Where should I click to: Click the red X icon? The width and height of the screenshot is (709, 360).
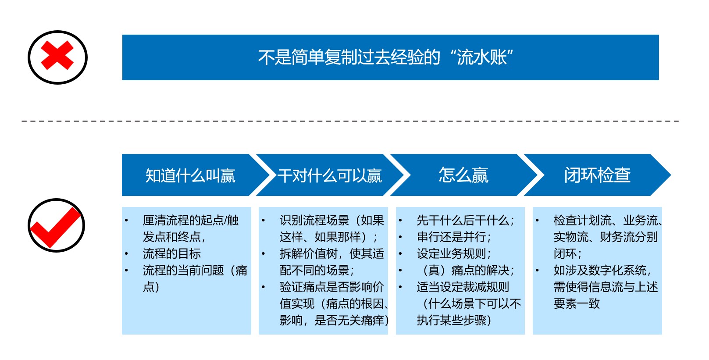[57, 55]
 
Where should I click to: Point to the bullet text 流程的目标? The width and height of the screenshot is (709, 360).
[171, 253]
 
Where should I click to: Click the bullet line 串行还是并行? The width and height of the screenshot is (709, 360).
[453, 237]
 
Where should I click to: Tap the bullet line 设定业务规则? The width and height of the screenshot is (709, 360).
[453, 253]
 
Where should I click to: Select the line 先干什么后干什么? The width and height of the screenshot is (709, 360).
[465, 221]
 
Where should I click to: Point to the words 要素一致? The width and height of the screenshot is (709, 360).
[577, 303]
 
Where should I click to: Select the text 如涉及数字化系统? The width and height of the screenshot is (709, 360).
[600, 271]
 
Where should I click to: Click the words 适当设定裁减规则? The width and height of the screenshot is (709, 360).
[463, 287]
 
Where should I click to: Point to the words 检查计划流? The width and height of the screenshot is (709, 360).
[582, 221]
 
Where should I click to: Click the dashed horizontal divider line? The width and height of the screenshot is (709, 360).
[350, 121]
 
